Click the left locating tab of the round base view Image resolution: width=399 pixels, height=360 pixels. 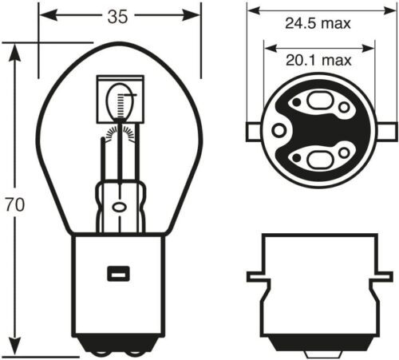(x=253, y=129)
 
